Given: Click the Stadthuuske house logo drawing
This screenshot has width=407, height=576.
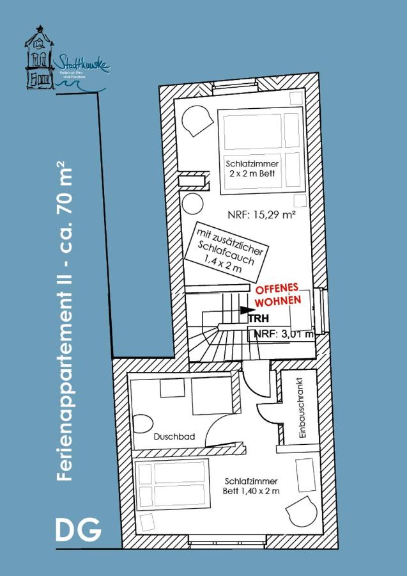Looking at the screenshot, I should coord(40,59).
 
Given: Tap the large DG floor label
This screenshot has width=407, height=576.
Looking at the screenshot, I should coord(77,531).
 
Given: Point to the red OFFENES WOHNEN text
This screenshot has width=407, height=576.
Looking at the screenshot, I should coord(277,295).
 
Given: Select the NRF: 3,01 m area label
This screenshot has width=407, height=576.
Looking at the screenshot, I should coord(284,333).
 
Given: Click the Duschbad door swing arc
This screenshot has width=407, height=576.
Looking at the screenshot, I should coord(224,429).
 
